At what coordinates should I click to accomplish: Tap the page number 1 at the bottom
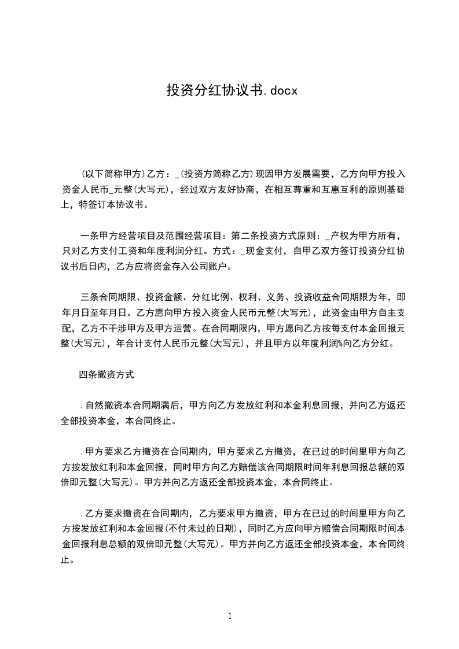coord(230,616)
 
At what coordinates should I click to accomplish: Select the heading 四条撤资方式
coord(107,375)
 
